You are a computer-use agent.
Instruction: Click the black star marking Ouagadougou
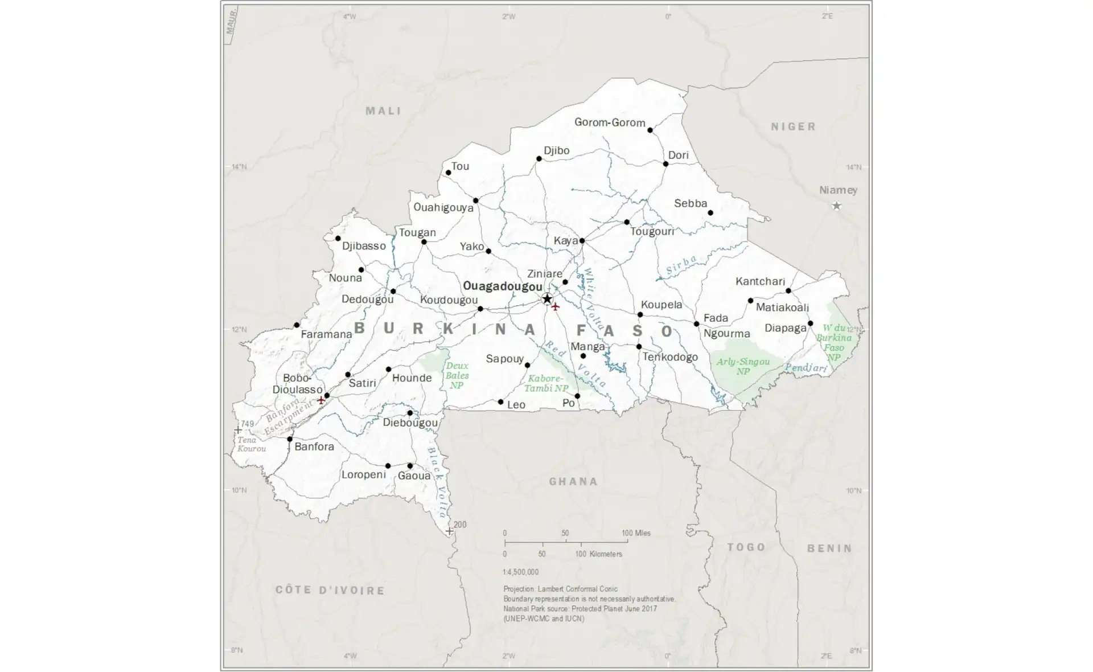[547, 299]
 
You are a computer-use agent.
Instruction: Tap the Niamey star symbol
[836, 206]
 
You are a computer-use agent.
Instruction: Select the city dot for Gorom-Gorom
[650, 130]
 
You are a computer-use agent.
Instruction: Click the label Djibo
[556, 150]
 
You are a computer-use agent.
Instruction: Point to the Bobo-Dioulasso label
[297, 384]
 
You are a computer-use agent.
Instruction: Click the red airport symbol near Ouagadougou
[556, 307]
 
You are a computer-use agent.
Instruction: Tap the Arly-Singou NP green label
[743, 366]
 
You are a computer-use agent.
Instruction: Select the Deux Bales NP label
[457, 375]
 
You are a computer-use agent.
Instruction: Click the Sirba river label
[681, 266]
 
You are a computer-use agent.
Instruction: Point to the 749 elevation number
[247, 424]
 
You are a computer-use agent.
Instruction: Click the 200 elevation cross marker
[449, 531]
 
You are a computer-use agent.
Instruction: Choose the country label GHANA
[573, 482]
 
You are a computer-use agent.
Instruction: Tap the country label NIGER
[794, 126]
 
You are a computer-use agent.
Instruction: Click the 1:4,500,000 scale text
[520, 572]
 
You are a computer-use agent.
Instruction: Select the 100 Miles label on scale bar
[636, 533]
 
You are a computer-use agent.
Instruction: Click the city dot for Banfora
[290, 439]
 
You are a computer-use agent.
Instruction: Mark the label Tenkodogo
[670, 357]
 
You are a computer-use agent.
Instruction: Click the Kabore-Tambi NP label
[546, 383]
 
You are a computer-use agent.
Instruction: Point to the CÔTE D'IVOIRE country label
[330, 590]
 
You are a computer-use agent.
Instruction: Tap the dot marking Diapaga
[810, 323]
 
